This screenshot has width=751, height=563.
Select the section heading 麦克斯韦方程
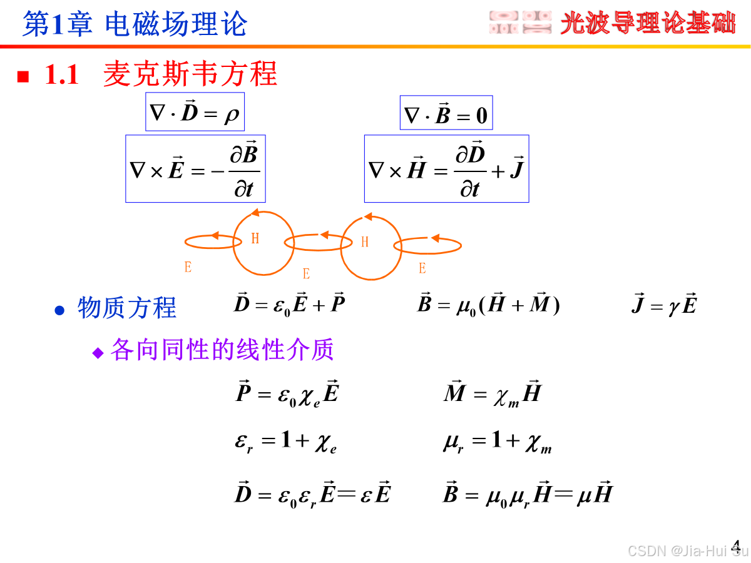pos(190,74)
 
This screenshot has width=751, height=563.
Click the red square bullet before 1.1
pos(23,76)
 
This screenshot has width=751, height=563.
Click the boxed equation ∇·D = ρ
pos(195,112)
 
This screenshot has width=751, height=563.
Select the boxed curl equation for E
pos(195,169)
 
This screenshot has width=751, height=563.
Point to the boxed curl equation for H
pos(446,169)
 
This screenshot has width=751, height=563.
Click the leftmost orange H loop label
pos(255,238)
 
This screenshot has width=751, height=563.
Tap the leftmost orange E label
pos(188,267)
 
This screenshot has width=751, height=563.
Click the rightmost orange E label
pos(422,268)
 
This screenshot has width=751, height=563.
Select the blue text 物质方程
pos(127,308)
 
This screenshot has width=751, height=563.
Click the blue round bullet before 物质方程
pos(59,310)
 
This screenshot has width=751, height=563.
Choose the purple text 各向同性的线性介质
pos(222,350)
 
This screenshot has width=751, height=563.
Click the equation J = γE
pos(664,305)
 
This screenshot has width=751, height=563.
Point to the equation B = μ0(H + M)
pos(488,305)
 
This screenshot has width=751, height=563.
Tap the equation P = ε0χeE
pos(287,394)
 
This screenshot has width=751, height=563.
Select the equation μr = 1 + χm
pos(497,443)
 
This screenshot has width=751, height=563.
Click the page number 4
pos(736,546)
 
